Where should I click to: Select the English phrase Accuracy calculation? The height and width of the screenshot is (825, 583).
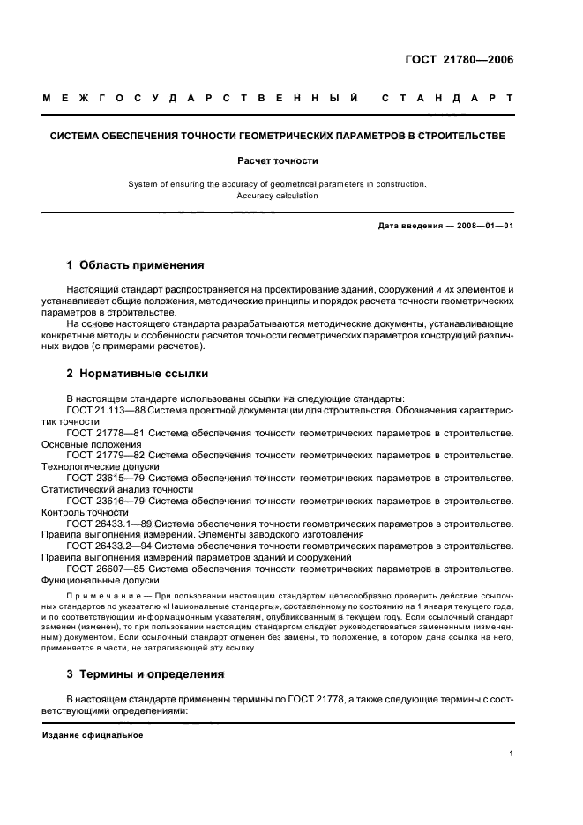tap(277, 196)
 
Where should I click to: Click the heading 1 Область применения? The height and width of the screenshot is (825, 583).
tap(136, 264)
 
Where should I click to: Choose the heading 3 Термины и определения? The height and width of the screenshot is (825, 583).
tap(146, 673)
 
